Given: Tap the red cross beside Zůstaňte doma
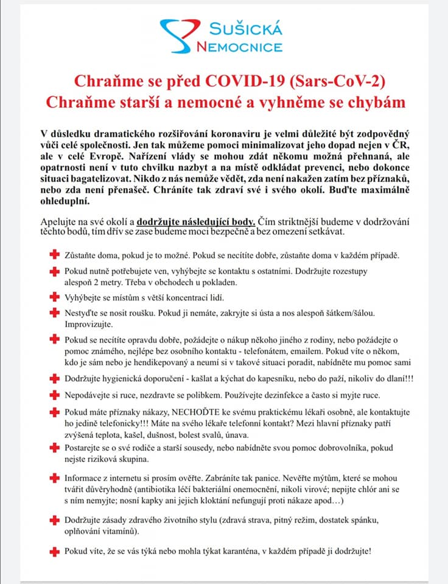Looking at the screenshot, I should (x=54, y=255).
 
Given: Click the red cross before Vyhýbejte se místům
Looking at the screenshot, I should (x=54, y=297).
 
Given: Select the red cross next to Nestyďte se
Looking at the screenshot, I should (x=54, y=313).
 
